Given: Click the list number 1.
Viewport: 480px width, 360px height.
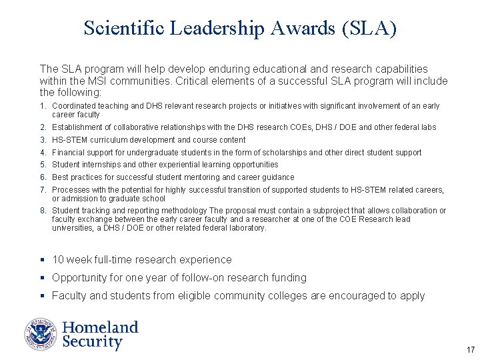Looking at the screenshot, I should click(x=42, y=106).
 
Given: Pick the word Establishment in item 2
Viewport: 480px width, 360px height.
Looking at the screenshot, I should click(x=77, y=127).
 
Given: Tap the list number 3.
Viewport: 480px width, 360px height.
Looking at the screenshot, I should click(x=42, y=140).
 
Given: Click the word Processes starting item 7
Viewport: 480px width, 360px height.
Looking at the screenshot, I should click(x=71, y=190).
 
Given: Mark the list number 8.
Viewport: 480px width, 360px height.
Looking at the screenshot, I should click(x=42, y=211).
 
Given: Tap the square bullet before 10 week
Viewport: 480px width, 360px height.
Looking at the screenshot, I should click(x=43, y=260).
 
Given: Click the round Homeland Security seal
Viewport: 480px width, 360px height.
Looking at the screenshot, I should click(x=41, y=334).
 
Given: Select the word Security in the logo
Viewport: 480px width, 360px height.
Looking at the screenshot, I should click(x=92, y=343).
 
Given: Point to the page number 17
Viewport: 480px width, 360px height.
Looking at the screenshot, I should click(x=471, y=350).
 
